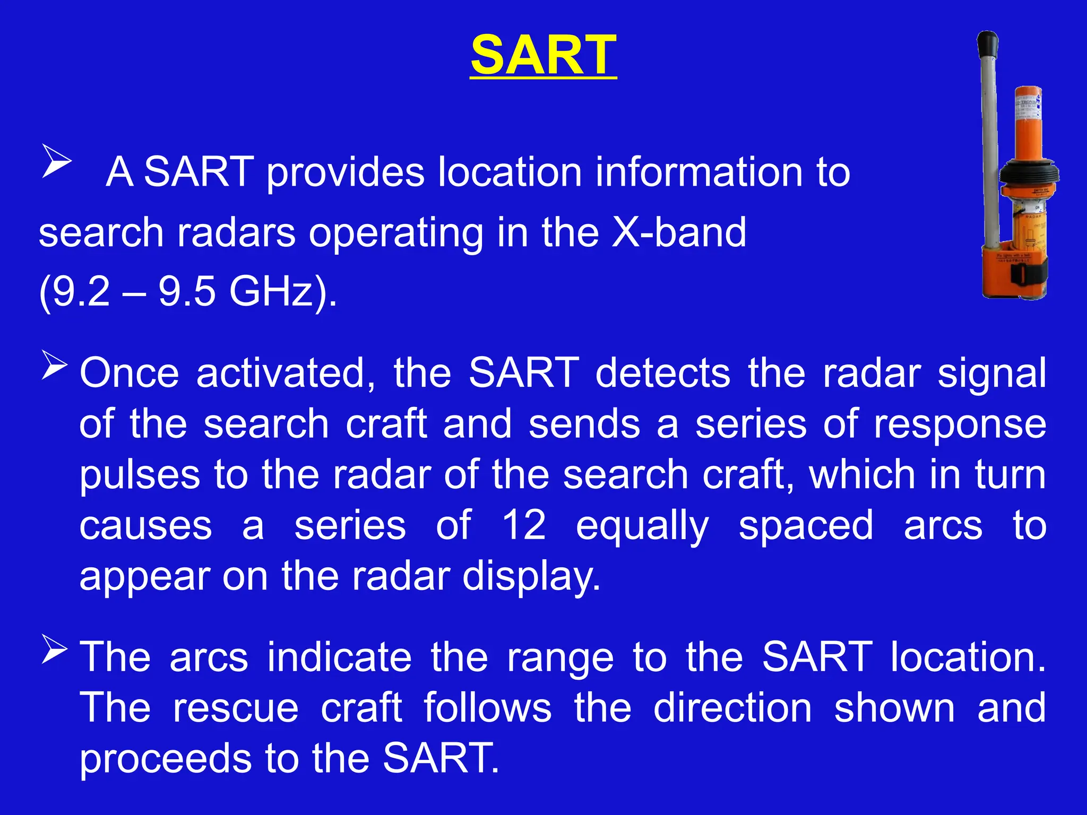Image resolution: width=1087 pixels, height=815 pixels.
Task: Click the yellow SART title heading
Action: click(543, 55)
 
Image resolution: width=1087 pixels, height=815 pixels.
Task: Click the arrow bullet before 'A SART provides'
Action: click(56, 163)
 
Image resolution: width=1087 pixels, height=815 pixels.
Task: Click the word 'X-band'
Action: click(679, 232)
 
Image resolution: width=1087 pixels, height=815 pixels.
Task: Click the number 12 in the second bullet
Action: click(524, 525)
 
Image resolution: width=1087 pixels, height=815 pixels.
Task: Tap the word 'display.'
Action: click(531, 577)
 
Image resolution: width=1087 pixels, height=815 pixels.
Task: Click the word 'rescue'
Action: click(236, 708)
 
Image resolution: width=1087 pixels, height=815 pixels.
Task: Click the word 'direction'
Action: click(732, 708)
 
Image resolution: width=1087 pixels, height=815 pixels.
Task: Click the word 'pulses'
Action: click(140, 475)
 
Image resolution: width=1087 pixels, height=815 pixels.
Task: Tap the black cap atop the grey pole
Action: click(988, 42)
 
